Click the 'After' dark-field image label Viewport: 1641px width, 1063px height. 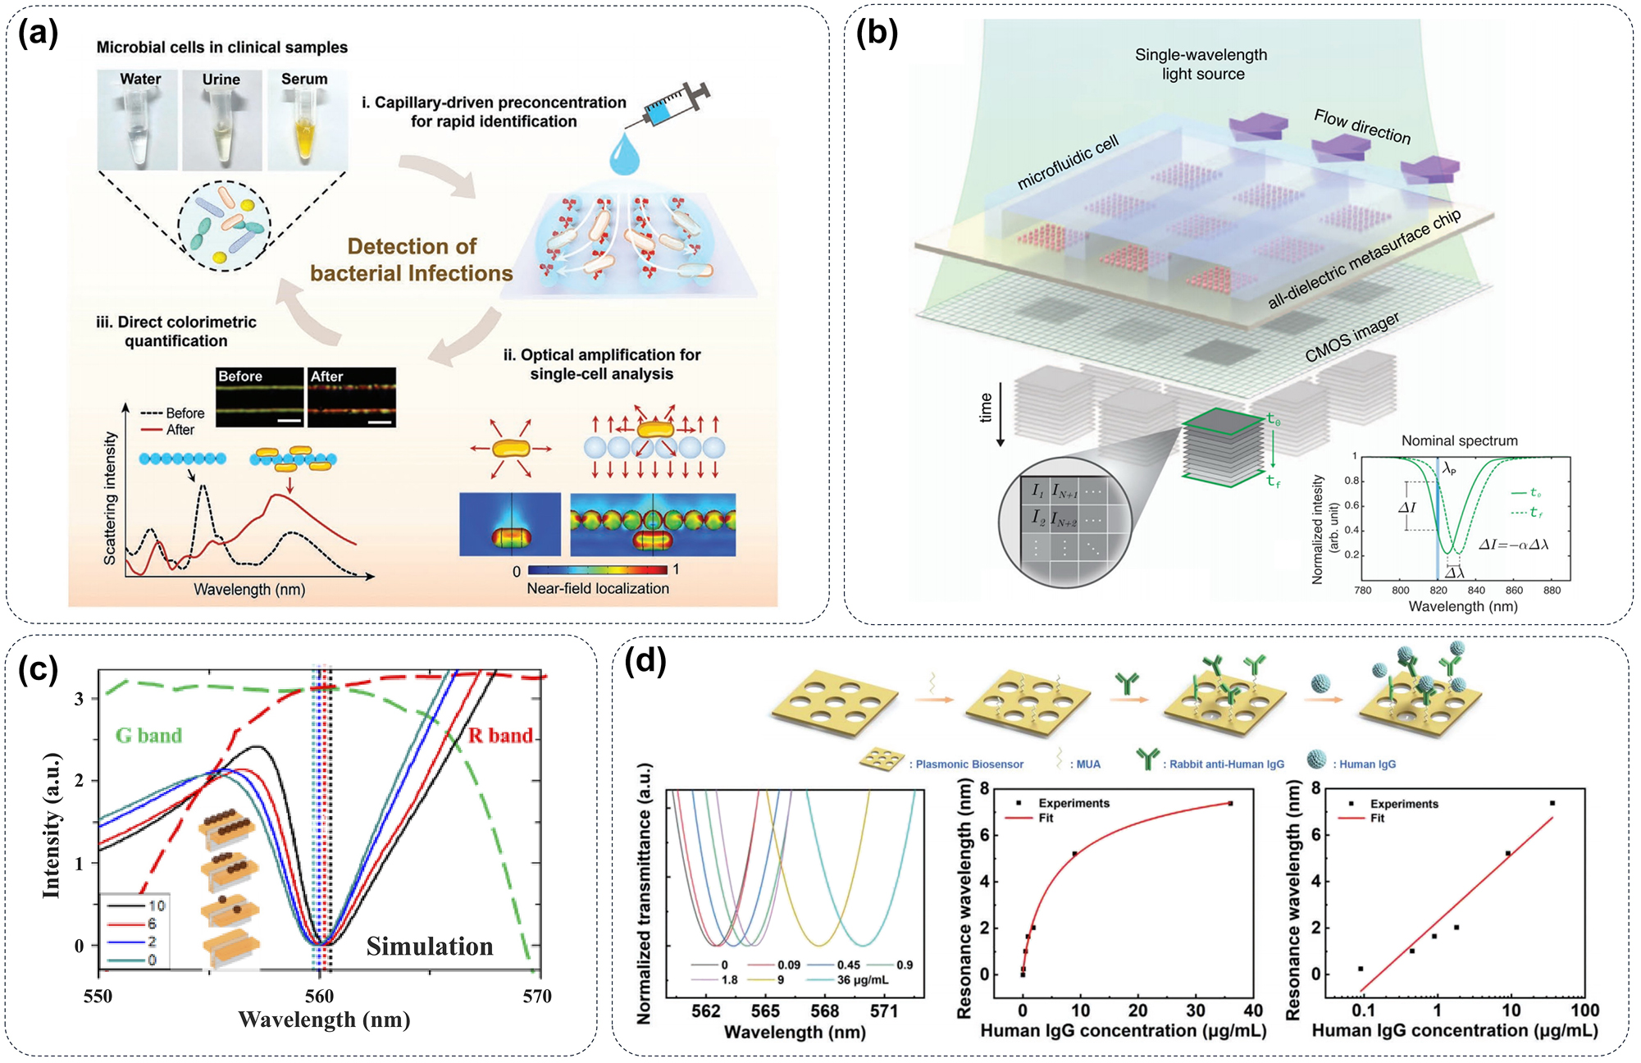click(x=326, y=376)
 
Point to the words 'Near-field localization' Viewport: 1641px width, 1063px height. click(x=598, y=588)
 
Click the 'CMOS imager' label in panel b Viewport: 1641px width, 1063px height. click(x=1352, y=337)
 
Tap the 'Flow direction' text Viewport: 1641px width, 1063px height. click(x=1362, y=126)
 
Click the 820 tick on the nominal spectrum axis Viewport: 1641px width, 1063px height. click(x=1438, y=590)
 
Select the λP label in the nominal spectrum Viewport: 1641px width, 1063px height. click(x=1450, y=469)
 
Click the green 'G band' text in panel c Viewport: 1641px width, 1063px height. click(x=148, y=735)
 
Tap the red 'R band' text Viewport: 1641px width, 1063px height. click(x=500, y=735)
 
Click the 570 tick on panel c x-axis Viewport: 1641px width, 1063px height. click(x=537, y=996)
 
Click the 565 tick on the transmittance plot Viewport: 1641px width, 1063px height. click(x=765, y=1011)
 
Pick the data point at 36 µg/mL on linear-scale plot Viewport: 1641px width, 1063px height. click(x=1230, y=804)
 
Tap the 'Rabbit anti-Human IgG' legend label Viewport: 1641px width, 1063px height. click(x=1226, y=764)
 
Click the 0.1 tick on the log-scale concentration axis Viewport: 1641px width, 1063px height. click(x=1363, y=1011)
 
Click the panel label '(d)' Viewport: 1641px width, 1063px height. click(x=645, y=660)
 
